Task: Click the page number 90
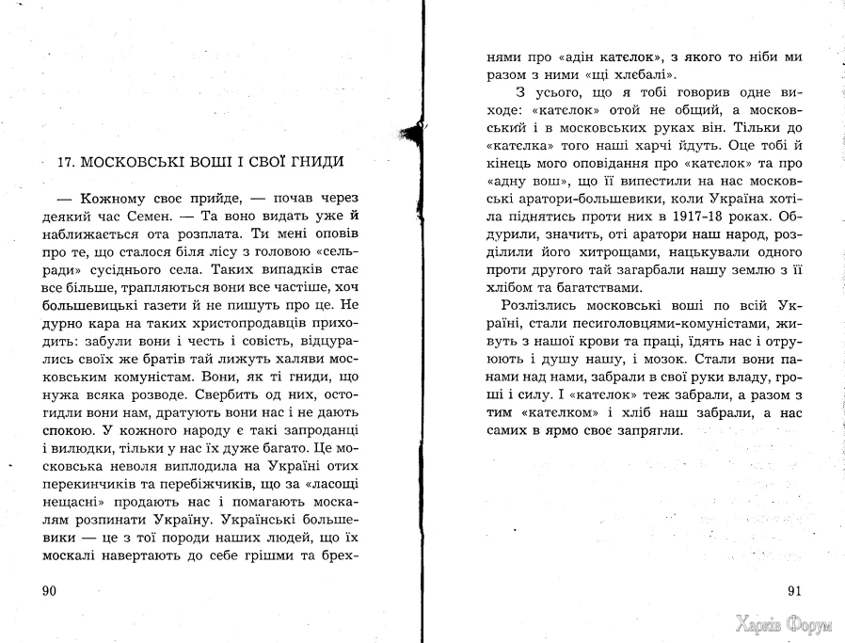44,590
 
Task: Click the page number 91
792,590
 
